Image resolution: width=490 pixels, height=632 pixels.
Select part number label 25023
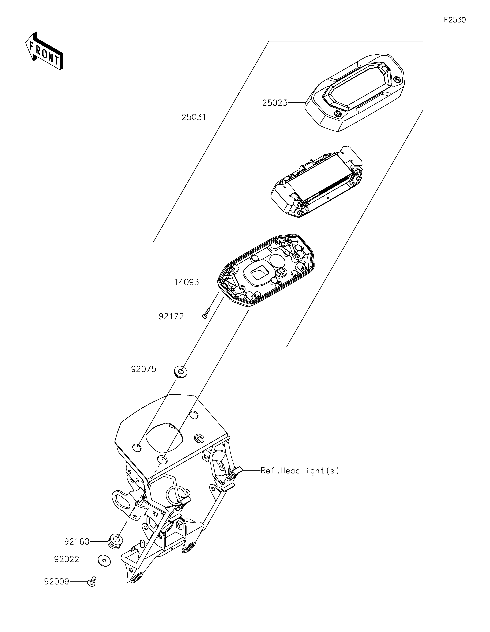pos(275,103)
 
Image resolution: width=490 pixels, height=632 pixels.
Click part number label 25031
pos(194,117)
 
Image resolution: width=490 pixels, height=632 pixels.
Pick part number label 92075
pos(143,369)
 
